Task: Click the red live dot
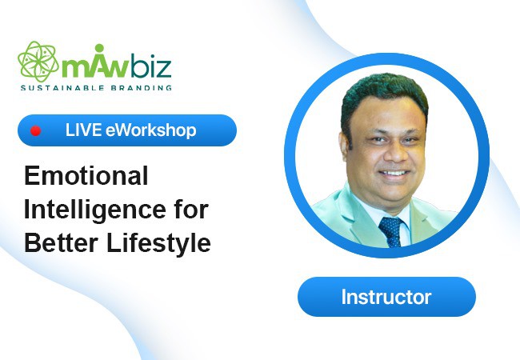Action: [35, 131]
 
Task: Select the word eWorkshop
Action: [151, 130]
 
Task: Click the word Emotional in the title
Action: [86, 176]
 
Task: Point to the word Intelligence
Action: [95, 210]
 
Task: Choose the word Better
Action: [61, 242]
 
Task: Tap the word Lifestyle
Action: [158, 243]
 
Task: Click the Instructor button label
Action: [386, 297]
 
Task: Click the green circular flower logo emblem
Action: [38, 62]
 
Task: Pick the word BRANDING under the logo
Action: [142, 88]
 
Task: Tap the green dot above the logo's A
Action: [99, 48]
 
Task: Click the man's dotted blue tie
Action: [391, 231]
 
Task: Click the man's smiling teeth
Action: [394, 173]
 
